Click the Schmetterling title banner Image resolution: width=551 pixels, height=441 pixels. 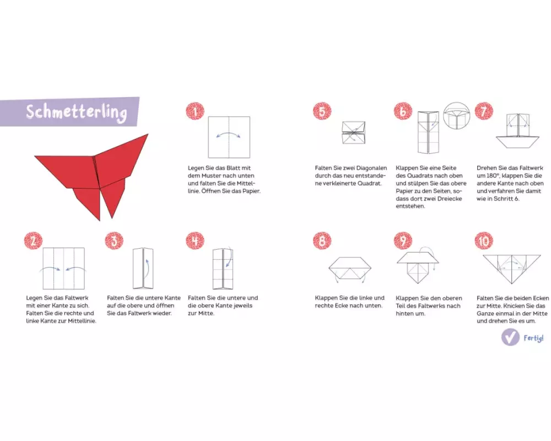[x=69, y=112]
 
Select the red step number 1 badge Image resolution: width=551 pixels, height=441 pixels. [x=195, y=111]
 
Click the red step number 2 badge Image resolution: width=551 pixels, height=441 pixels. [x=34, y=241]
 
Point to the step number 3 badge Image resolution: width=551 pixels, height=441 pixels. [x=114, y=241]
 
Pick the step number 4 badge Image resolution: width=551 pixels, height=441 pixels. [x=195, y=241]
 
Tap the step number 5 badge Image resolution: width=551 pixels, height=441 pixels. [x=322, y=111]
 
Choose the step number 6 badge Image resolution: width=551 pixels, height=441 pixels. [x=403, y=111]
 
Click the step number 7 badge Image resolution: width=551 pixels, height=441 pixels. [x=484, y=111]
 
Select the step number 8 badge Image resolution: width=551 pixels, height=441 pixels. [x=322, y=241]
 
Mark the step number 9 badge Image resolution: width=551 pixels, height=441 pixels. [x=403, y=241]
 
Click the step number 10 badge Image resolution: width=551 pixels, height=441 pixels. [x=484, y=241]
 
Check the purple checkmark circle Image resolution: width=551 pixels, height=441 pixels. [x=510, y=337]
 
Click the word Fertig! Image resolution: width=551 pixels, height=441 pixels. [x=533, y=338]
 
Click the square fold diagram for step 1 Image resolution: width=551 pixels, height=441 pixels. [x=229, y=137]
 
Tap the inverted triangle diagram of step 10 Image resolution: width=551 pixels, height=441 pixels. [x=512, y=269]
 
